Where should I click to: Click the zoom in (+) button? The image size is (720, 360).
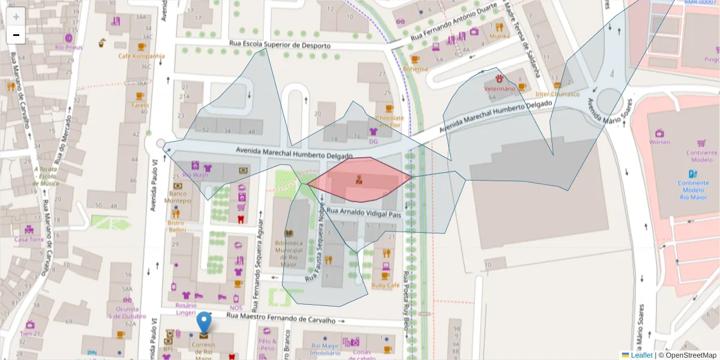[16, 17]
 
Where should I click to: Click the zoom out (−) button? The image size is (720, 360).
[16, 35]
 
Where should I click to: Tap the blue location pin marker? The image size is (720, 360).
[205, 322]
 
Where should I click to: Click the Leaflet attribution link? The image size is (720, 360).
[641, 355]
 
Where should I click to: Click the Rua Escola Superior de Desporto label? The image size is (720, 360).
[280, 45]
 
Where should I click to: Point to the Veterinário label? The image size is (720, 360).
[499, 89]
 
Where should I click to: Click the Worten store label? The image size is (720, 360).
[659, 142]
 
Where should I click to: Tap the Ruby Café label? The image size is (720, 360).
[385, 285]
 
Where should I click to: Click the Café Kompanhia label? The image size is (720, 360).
[142, 56]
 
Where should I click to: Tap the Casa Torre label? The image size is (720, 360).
[29, 239]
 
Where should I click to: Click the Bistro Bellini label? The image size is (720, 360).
[176, 226]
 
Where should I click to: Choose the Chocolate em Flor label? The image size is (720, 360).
[389, 122]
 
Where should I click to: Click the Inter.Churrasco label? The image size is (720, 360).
[557, 94]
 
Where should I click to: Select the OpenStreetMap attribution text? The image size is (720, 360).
[690, 355]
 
